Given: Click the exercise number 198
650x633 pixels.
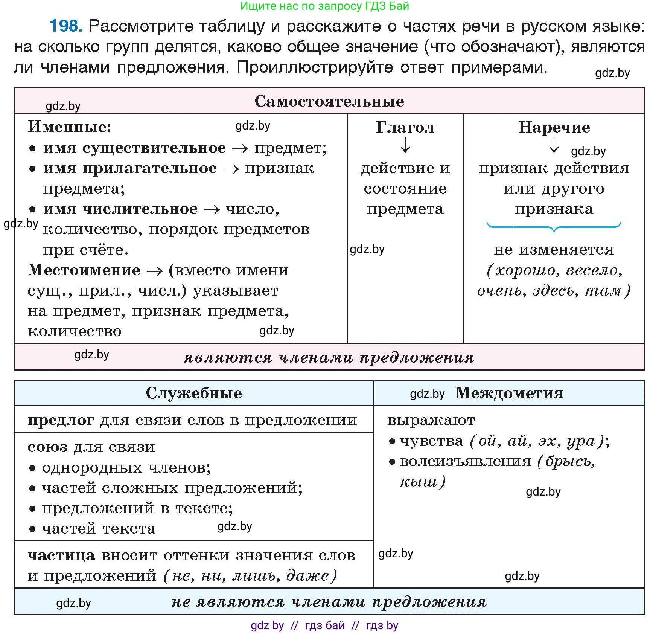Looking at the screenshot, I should (x=65, y=26).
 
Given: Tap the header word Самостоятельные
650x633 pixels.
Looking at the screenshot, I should (x=329, y=101).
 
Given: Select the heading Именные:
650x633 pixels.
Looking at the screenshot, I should (x=70, y=127).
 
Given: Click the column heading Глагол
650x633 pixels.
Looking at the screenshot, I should (x=405, y=127).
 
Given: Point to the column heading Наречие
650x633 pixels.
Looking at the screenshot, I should (x=554, y=127).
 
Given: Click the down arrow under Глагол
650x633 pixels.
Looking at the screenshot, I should (x=405, y=145).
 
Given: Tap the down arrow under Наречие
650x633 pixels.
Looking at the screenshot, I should (x=554, y=145).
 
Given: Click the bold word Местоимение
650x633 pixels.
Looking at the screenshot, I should (x=84, y=270).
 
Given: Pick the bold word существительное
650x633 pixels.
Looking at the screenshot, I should (x=154, y=148).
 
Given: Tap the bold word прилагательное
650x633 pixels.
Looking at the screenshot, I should (x=149, y=168).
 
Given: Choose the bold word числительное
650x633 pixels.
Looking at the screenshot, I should (x=140, y=209).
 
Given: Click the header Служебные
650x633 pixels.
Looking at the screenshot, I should (x=194, y=393).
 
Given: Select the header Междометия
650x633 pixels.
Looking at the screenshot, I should (x=509, y=393).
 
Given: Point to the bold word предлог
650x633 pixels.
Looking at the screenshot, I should (x=61, y=420).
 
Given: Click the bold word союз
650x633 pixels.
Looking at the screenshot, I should (x=47, y=447).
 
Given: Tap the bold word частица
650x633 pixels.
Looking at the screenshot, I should (x=61, y=555).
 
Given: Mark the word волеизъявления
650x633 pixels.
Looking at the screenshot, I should (x=465, y=461).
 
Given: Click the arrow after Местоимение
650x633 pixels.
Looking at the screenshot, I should (x=155, y=271).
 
